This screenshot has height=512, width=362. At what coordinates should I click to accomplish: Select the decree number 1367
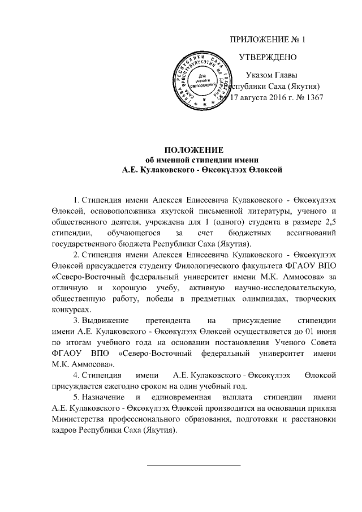coord(313,97)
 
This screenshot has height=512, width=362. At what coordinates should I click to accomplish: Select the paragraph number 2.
coord(76,255)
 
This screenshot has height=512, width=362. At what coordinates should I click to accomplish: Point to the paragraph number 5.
coord(76,398)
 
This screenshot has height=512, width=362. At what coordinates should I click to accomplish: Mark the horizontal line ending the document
coord(193,464)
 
